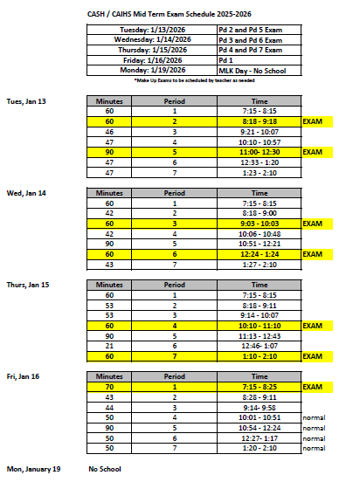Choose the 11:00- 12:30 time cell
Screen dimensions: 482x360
tap(260, 151)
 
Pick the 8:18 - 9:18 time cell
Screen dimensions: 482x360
tap(260, 122)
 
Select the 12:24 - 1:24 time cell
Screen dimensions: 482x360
tap(260, 253)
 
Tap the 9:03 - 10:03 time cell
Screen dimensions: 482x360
tap(260, 224)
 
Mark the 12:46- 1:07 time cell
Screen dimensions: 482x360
tap(260, 346)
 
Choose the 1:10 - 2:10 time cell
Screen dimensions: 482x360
tap(260, 356)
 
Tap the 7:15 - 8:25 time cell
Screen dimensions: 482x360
tap(260, 387)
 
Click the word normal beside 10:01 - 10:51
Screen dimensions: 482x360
tap(314, 417)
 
